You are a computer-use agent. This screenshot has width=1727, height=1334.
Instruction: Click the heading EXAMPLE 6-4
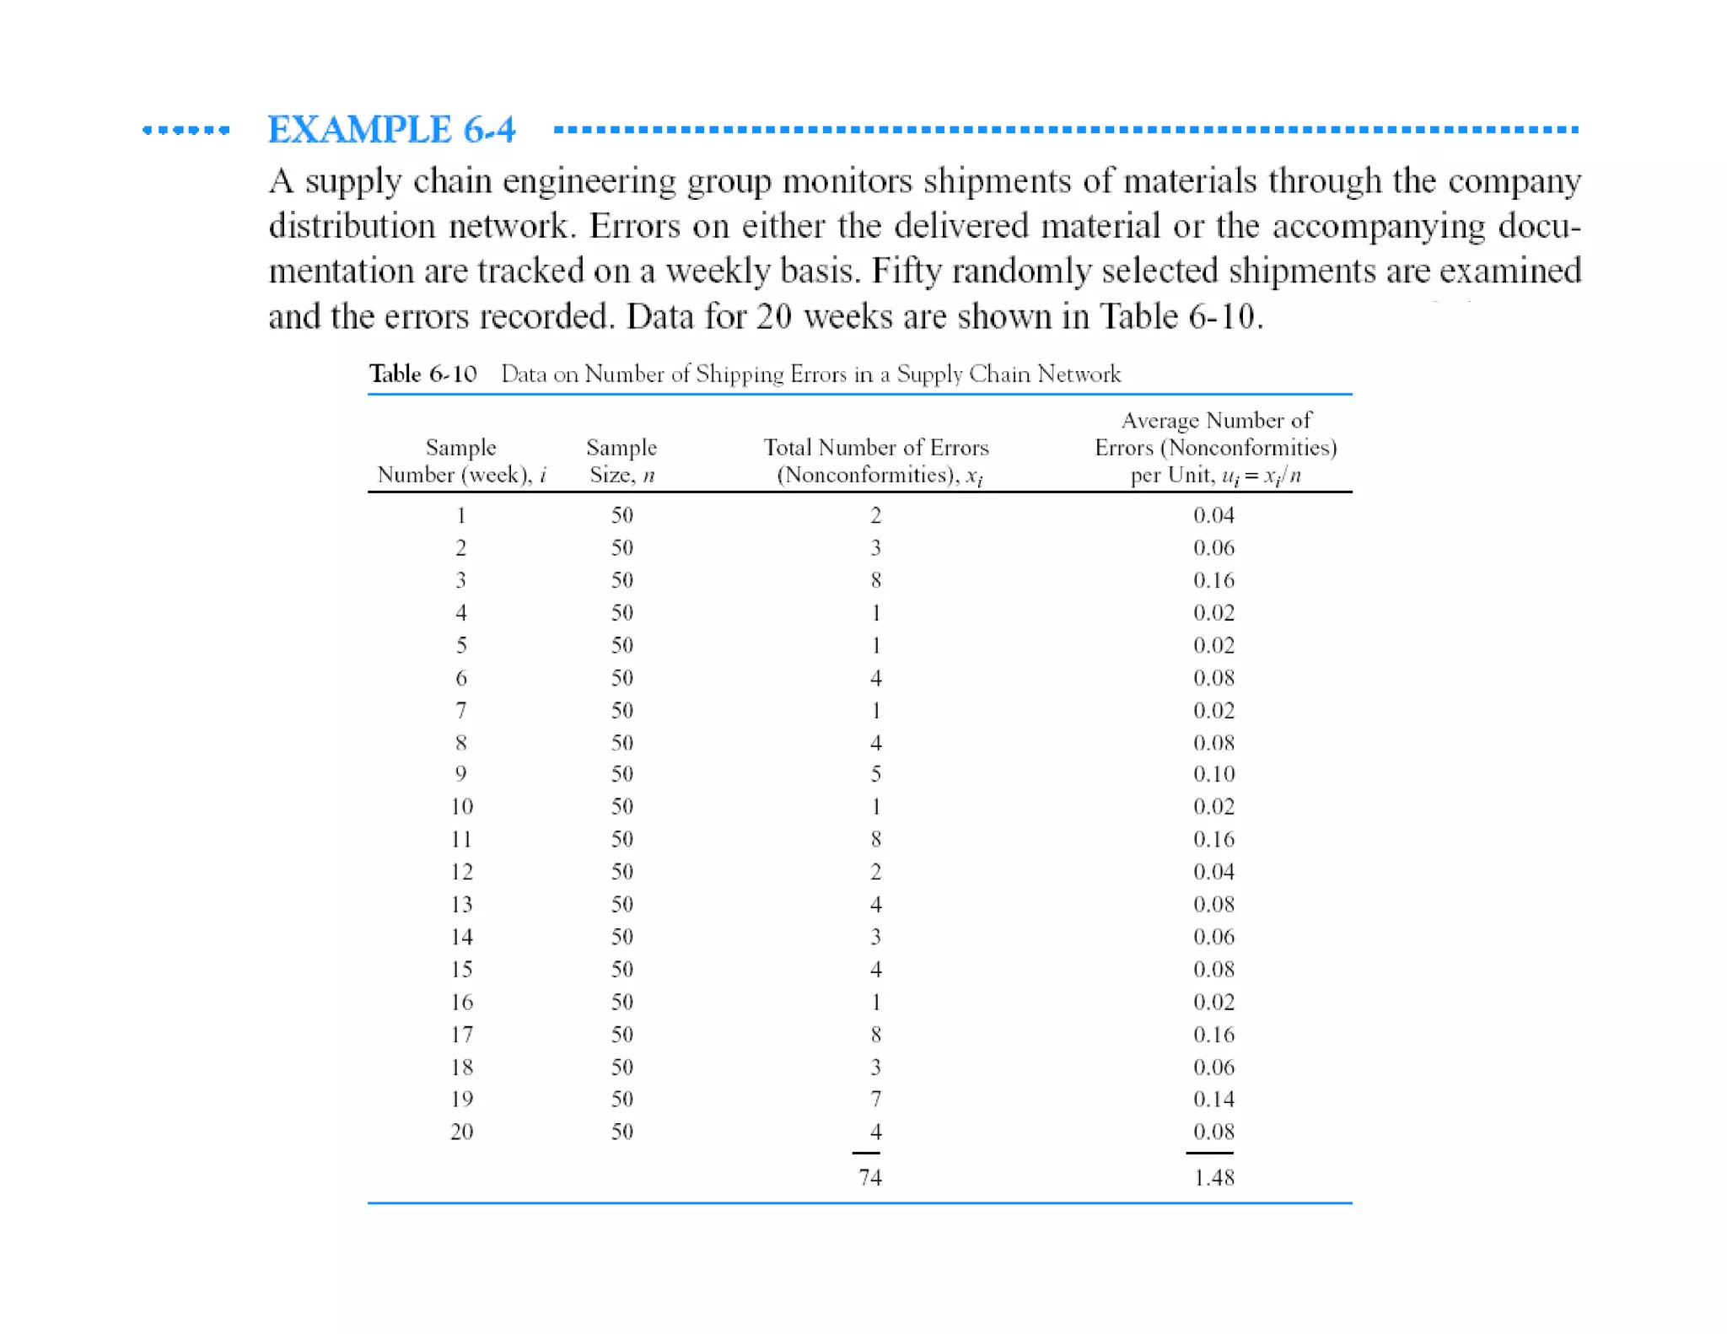point(391,130)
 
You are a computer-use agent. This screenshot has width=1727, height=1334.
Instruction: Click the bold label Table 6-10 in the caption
point(422,374)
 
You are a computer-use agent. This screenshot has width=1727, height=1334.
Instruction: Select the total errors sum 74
point(870,1177)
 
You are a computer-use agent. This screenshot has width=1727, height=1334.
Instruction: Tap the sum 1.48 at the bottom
point(1213,1177)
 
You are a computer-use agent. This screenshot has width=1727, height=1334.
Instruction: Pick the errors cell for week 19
point(876,1099)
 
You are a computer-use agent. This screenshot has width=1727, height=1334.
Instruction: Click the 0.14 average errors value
point(1213,1099)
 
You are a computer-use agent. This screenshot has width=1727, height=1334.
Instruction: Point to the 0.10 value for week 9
point(1213,774)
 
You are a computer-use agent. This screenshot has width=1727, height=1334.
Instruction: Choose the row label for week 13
point(461,904)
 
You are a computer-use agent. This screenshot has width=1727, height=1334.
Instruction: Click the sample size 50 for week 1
point(622,515)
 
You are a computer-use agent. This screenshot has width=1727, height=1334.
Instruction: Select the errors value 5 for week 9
point(876,774)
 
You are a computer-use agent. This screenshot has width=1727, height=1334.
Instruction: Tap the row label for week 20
point(461,1132)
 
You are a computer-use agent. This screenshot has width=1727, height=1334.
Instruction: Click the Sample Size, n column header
point(622,460)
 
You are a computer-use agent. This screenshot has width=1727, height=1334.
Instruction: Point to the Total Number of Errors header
point(876,460)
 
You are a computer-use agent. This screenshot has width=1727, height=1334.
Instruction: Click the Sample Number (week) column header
point(461,460)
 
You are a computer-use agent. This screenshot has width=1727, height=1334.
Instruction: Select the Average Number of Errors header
point(1215,447)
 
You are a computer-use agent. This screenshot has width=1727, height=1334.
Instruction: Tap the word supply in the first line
point(352,182)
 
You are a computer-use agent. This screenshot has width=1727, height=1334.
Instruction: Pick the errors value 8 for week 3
point(876,580)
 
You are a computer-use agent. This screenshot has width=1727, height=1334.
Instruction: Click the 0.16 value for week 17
point(1213,1035)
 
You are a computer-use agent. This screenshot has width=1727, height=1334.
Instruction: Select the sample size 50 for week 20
point(622,1132)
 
